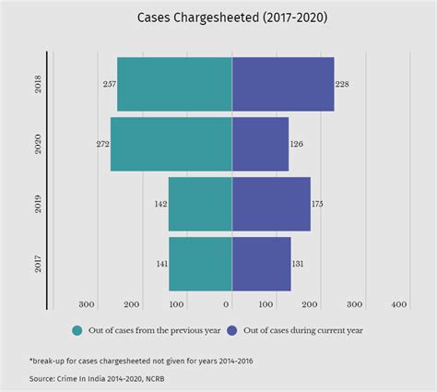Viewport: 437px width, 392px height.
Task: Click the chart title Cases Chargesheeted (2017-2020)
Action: click(218, 18)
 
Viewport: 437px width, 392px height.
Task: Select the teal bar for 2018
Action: click(174, 84)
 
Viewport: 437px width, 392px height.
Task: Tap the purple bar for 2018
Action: click(282, 84)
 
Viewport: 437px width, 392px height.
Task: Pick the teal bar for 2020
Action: click(171, 144)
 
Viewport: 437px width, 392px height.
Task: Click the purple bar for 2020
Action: click(260, 144)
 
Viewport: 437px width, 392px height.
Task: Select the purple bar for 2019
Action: click(271, 204)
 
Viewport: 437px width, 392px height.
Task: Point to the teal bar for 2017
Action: click(200, 264)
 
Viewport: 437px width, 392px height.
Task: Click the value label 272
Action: click(101, 145)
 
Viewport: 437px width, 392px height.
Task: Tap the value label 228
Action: click(343, 85)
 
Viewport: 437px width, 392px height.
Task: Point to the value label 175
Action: click(319, 204)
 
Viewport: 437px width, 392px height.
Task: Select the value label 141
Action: click(160, 265)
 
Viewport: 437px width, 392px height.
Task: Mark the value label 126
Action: click(297, 145)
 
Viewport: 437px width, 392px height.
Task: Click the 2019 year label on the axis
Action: click(38, 204)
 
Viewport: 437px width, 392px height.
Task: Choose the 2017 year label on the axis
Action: click(38, 264)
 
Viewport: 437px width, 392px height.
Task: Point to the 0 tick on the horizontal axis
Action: click(228, 304)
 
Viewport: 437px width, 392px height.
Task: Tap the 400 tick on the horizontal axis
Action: click(399, 304)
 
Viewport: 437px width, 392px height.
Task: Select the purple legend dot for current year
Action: click(232, 329)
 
